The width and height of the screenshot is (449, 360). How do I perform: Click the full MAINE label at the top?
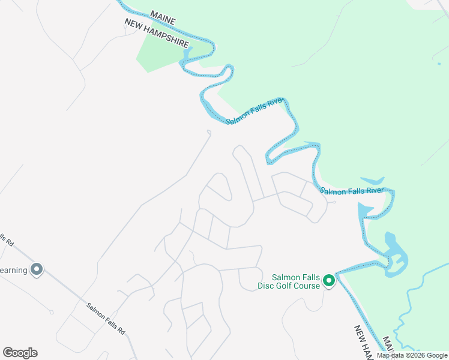(x=163, y=17)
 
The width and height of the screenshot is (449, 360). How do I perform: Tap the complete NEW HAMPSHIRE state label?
(x=157, y=34)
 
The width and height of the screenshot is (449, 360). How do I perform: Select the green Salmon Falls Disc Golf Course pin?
(x=328, y=280)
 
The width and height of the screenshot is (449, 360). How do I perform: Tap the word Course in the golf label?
(x=309, y=287)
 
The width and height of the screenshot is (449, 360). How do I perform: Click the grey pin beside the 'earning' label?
(x=37, y=269)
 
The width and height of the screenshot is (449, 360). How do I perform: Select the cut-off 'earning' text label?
(x=14, y=270)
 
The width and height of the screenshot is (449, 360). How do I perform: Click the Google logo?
(x=20, y=353)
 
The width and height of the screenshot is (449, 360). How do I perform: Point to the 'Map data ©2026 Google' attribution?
(x=412, y=355)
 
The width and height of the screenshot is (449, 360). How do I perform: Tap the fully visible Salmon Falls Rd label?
(x=105, y=318)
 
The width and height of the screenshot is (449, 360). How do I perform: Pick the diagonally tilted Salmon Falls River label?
(x=255, y=112)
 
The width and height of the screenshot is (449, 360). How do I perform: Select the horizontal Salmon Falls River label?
(x=352, y=191)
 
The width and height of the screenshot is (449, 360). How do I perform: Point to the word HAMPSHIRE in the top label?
(x=169, y=39)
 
